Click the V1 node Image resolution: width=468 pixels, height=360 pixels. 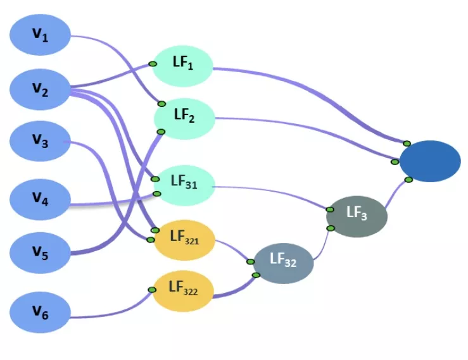(40, 35)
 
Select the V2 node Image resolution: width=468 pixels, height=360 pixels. (40, 91)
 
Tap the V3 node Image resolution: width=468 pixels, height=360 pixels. (40, 143)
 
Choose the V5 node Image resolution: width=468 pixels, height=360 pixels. (40, 254)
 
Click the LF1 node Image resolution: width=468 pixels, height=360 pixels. (182, 65)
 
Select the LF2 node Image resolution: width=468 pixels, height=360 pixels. (184, 118)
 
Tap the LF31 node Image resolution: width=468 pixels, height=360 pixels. (185, 185)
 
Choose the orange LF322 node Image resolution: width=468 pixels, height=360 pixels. (184, 291)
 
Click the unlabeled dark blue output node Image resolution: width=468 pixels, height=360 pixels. (430, 161)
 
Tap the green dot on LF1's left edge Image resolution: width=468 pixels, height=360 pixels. (153, 63)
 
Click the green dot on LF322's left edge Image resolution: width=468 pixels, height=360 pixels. (152, 290)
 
